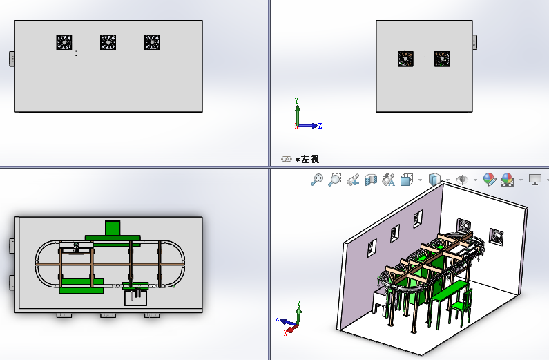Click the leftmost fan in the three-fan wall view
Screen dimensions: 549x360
64,42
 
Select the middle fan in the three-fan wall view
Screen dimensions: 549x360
108,42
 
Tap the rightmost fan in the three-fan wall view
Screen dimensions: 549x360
153,42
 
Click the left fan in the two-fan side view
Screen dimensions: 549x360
405,59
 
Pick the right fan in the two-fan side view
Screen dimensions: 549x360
442,59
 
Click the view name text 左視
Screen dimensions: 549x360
310,160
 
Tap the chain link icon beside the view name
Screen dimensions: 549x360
287,159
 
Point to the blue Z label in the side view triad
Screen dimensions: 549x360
320,126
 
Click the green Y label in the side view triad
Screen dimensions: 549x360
296,101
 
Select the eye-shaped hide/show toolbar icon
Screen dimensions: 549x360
462,180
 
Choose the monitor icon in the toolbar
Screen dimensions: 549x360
535,180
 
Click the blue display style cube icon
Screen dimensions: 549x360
434,180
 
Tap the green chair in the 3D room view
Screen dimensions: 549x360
461,304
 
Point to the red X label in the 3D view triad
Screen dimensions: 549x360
286,333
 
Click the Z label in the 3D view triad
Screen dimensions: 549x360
278,319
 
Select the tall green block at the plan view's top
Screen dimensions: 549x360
113,228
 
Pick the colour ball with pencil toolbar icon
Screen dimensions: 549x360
489,180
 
